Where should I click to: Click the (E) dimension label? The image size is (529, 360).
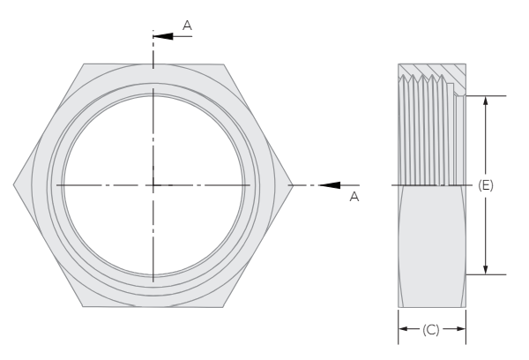(x=485, y=185)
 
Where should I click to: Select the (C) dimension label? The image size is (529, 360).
(x=431, y=329)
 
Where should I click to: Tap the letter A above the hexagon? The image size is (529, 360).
(x=186, y=26)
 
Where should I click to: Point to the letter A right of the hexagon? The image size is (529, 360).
(x=354, y=197)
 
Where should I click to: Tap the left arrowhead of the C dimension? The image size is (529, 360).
(x=404, y=329)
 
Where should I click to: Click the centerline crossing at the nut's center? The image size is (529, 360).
(x=153, y=184)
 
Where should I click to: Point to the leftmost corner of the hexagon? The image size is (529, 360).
(x=14, y=184)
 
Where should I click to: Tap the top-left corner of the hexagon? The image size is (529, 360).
(x=84, y=64)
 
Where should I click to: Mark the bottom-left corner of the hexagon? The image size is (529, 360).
(x=84, y=306)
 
